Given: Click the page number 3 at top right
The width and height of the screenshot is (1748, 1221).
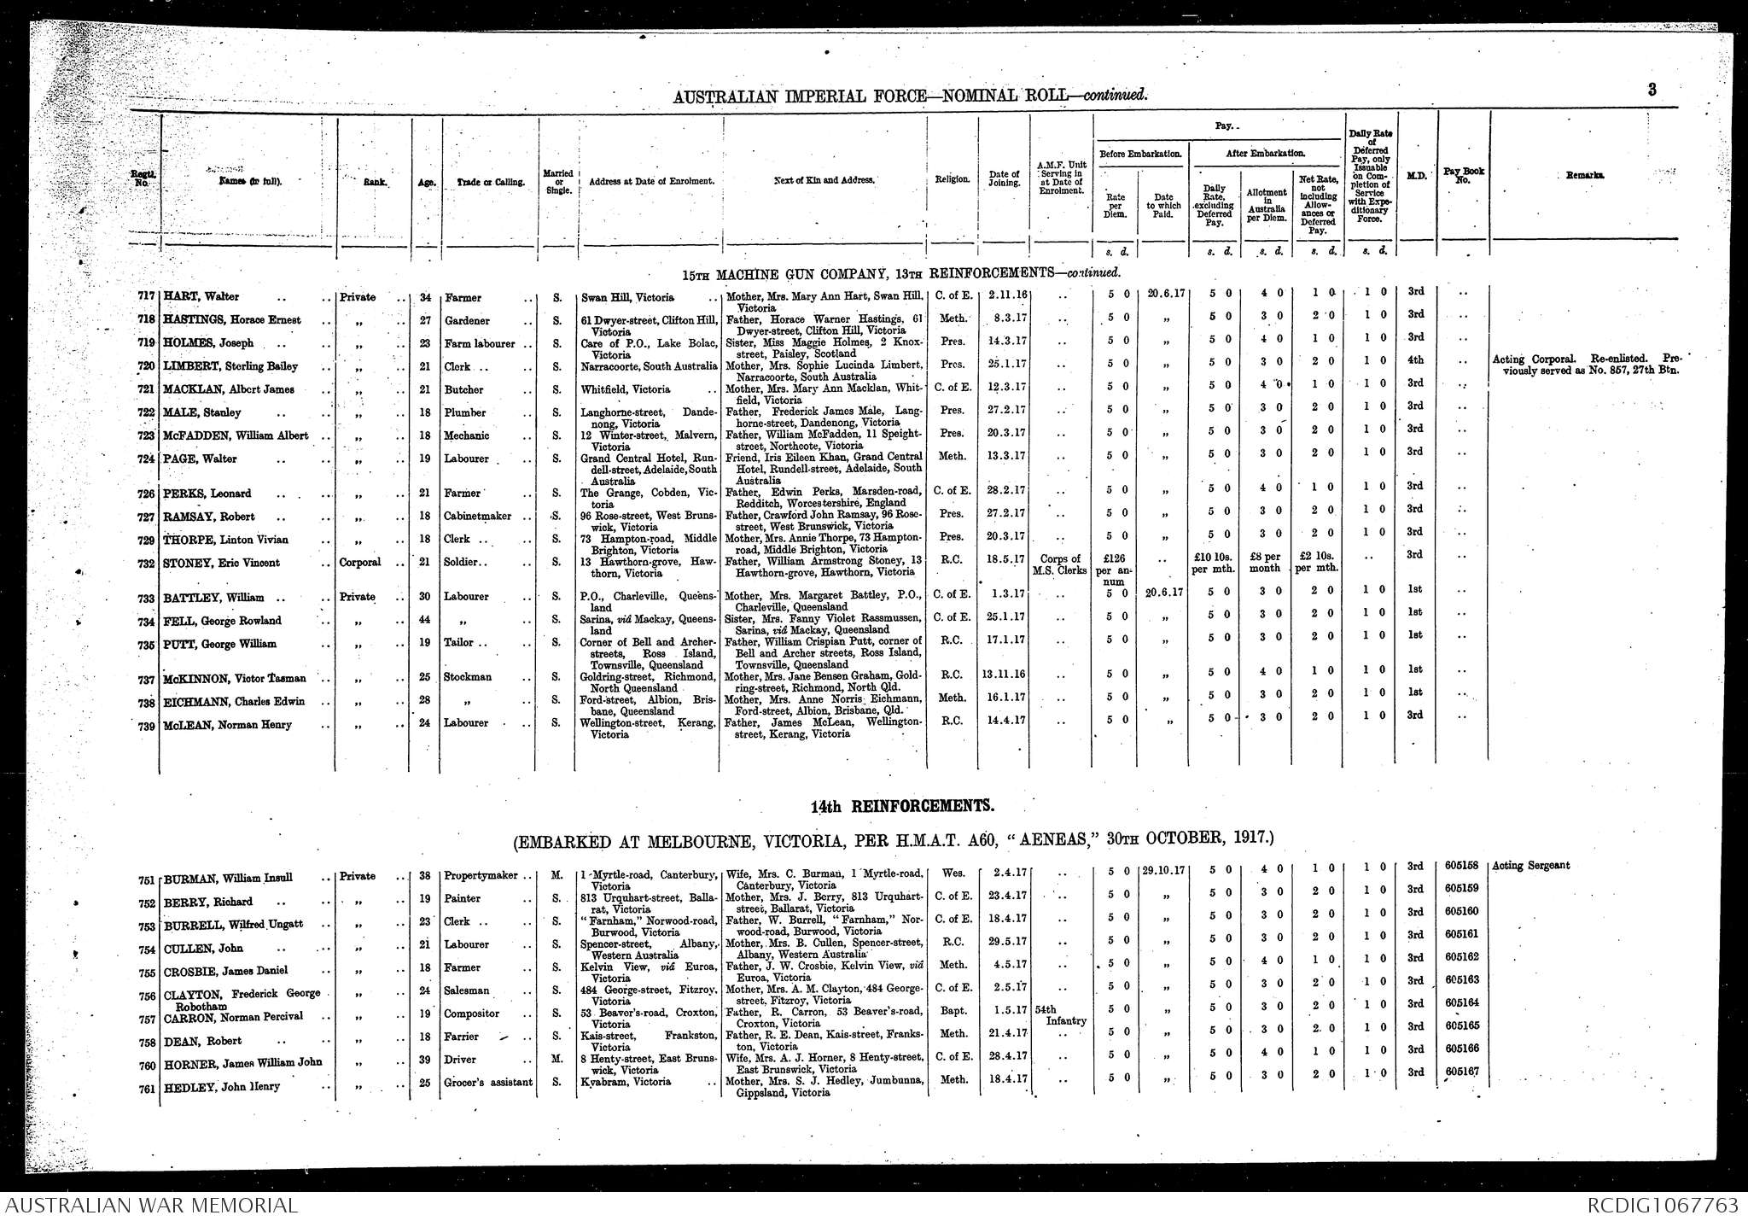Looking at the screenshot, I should [x=1652, y=90].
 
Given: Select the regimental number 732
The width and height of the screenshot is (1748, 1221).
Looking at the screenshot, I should [x=147, y=564].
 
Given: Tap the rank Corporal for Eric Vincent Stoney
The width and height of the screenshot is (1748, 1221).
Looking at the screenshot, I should [x=360, y=564].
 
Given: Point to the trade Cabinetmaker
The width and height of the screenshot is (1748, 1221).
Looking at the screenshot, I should [x=477, y=517].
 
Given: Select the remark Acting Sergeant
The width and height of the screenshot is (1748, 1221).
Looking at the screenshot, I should [x=1531, y=866].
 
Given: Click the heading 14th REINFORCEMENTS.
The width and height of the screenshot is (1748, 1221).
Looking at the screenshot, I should [x=902, y=806].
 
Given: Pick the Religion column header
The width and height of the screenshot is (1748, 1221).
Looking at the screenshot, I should [x=952, y=180].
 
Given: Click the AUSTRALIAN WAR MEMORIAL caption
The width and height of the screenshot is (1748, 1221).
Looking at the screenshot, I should [x=151, y=1206].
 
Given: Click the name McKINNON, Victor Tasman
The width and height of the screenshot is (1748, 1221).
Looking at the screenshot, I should [x=234, y=679].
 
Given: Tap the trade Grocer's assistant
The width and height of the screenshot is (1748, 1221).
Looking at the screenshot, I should [x=487, y=1082].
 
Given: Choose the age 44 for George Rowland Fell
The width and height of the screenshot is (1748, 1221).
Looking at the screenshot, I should [x=424, y=620].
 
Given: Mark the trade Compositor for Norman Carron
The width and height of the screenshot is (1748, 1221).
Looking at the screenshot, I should [x=471, y=1014].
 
